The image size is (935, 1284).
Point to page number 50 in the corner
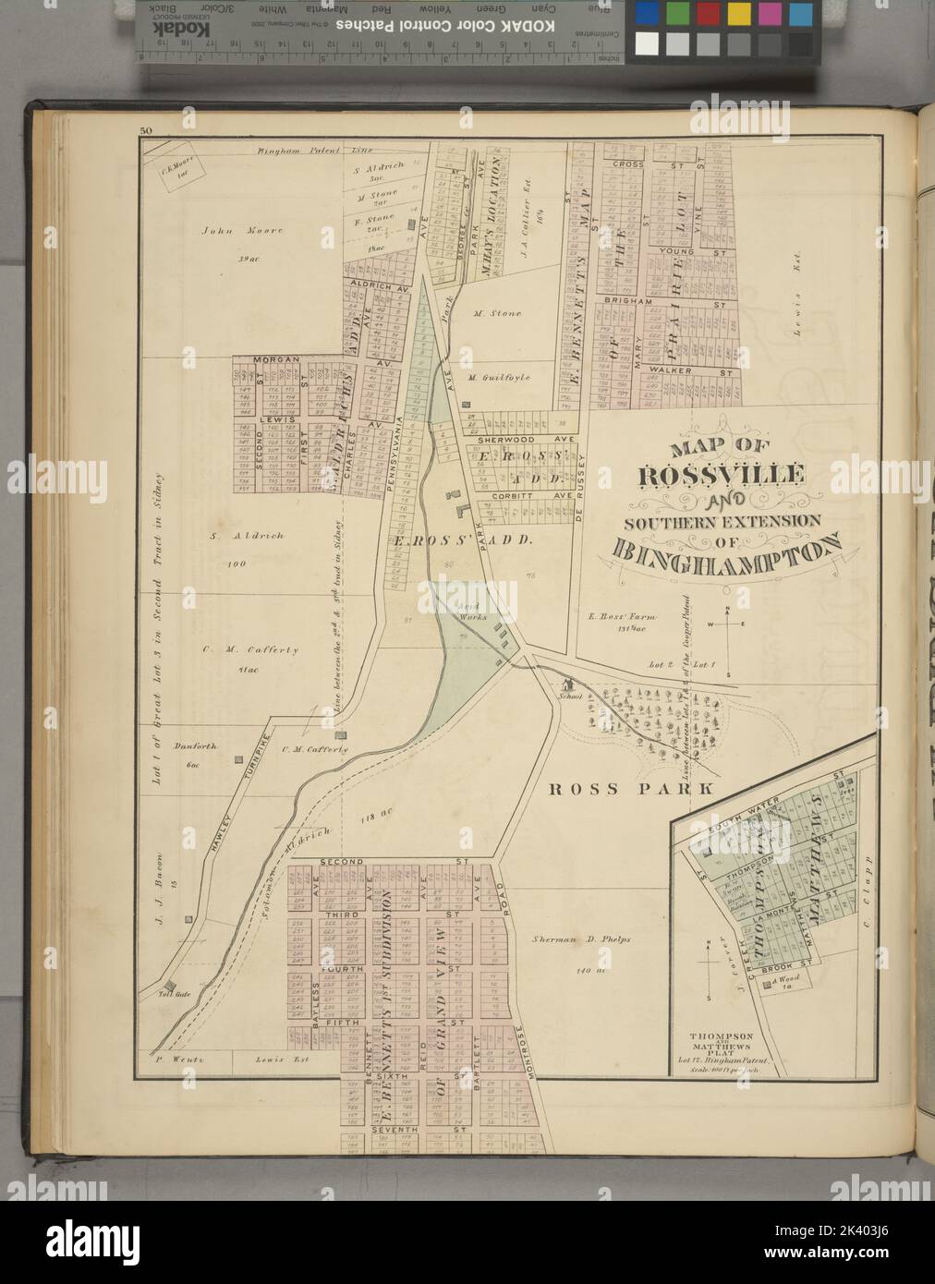click(x=145, y=130)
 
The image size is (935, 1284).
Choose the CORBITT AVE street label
click(x=519, y=496)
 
